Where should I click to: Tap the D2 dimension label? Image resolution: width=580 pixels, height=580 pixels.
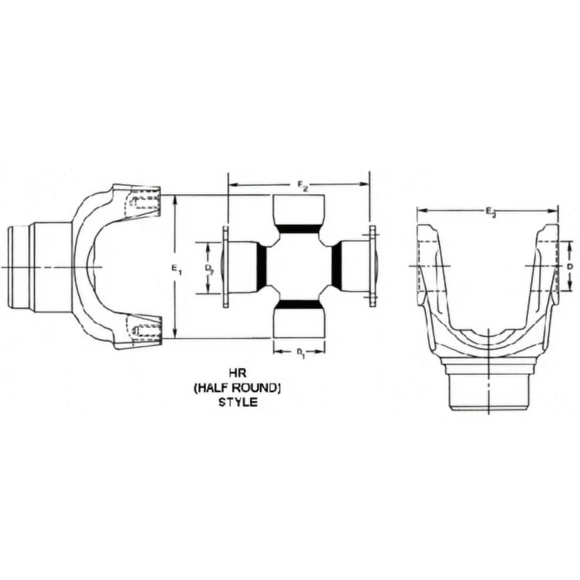[210, 269]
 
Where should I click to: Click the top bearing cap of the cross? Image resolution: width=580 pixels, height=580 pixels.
[299, 209]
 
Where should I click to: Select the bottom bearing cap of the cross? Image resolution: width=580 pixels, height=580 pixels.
[299, 323]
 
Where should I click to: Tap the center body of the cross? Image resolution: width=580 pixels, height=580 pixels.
[299, 267]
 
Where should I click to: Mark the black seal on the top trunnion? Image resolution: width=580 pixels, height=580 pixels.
[299, 229]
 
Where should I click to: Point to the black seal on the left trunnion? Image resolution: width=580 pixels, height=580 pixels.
[262, 267]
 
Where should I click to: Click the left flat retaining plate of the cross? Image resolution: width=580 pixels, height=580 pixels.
[226, 267]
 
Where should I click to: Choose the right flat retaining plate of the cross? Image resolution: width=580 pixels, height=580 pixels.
[372, 267]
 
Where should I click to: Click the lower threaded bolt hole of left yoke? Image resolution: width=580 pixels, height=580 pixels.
[143, 330]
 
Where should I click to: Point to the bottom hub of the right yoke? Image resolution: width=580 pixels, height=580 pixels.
[489, 390]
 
